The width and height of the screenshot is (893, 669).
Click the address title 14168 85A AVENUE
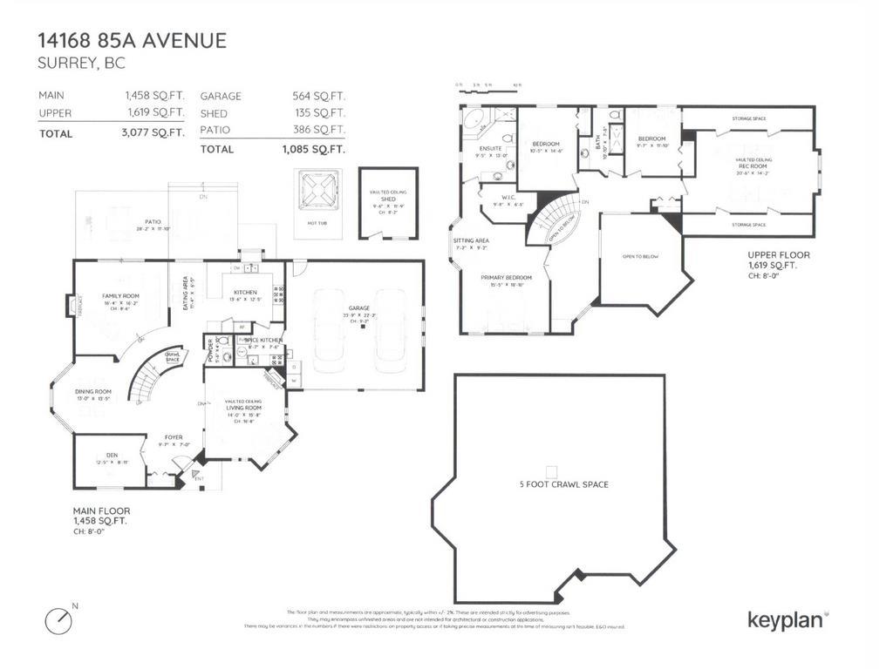point(132,40)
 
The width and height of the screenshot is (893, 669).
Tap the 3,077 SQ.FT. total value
point(154,133)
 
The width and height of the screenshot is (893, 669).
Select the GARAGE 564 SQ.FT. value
point(318,97)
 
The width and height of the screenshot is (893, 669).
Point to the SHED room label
point(388,199)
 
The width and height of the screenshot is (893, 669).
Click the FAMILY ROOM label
point(120,296)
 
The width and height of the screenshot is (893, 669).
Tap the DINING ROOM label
point(94,392)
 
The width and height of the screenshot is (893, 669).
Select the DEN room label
point(112,455)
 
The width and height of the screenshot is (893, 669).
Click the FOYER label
point(174,437)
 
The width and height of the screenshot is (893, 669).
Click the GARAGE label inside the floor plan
point(359,308)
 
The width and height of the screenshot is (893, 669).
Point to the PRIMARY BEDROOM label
point(506,277)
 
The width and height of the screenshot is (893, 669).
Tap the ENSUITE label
point(488,148)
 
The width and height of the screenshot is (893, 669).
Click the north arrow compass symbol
point(58,619)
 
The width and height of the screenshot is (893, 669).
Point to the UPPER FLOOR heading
point(779,255)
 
